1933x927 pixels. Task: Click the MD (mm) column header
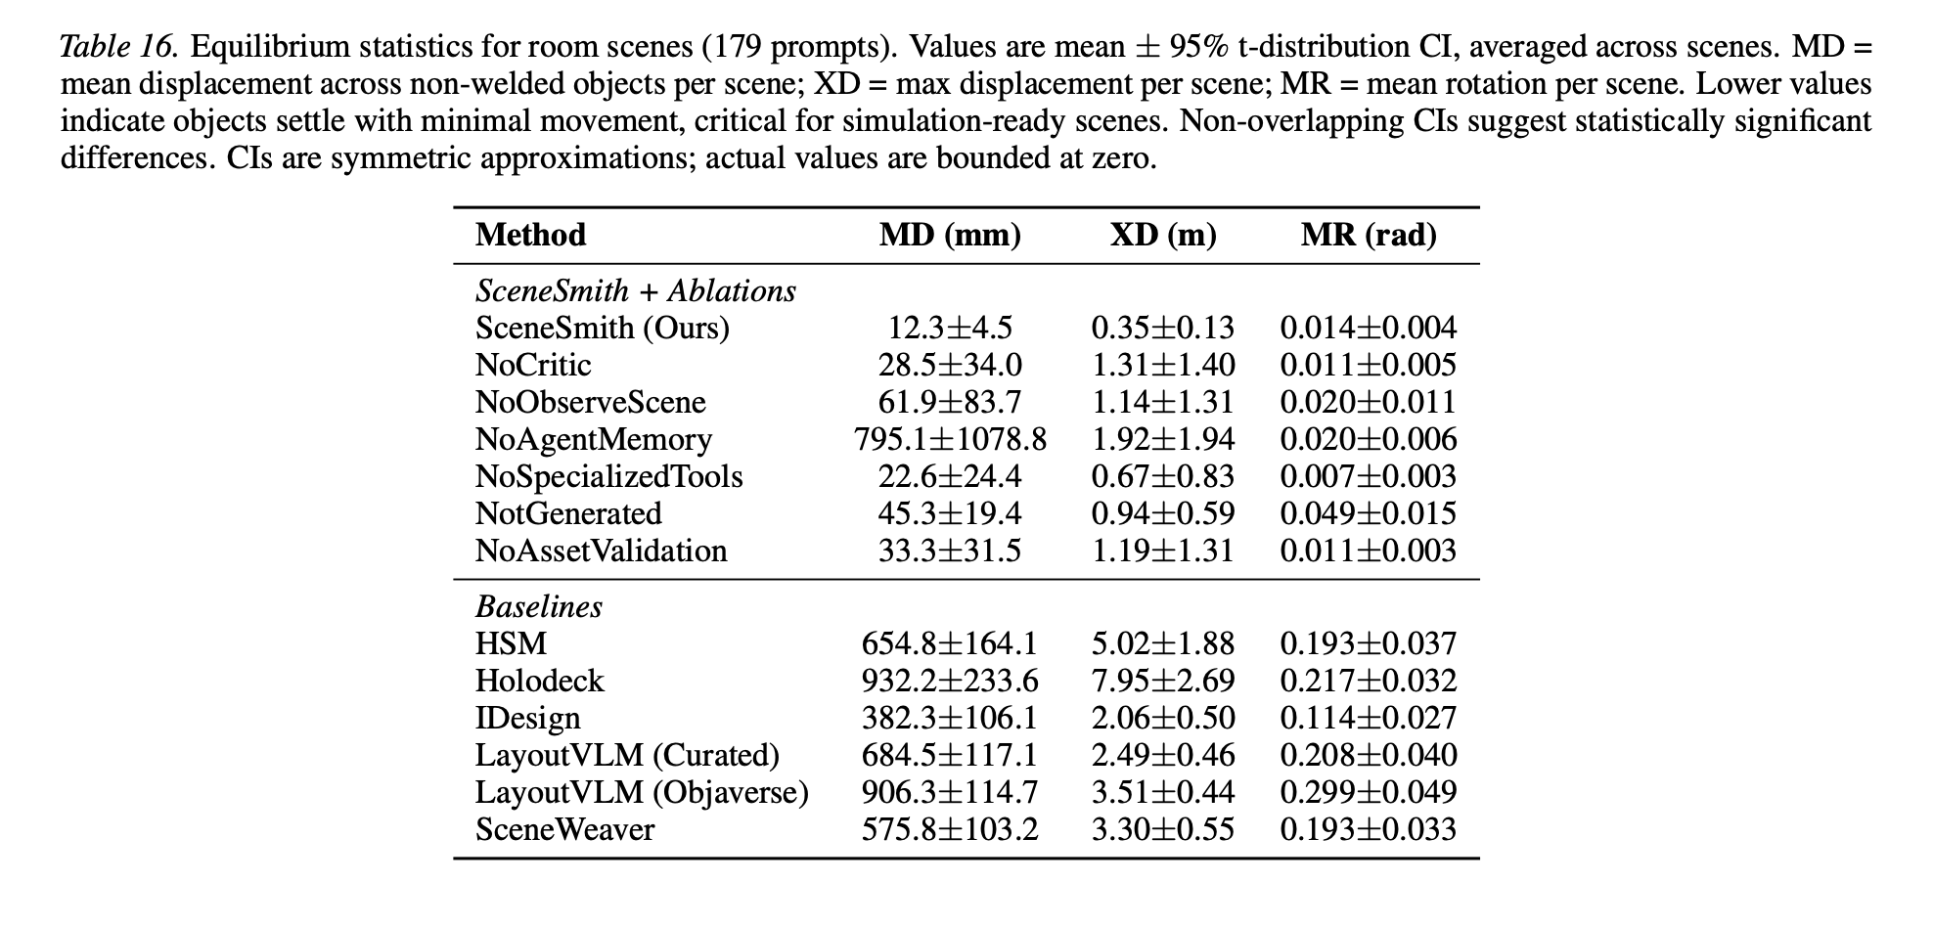tap(950, 236)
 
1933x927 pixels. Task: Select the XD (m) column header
tap(1163, 236)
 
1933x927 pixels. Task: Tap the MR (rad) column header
tap(1369, 236)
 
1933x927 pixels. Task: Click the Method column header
tap(530, 236)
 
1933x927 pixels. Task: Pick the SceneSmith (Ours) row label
tap(603, 328)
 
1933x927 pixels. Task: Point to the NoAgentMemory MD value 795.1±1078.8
tap(950, 439)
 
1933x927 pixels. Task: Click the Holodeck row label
tap(540, 681)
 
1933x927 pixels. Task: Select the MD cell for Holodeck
tap(950, 681)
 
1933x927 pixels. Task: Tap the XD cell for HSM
tap(1163, 643)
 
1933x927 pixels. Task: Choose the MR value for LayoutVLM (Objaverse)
tap(1369, 792)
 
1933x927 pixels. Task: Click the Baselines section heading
tap(539, 607)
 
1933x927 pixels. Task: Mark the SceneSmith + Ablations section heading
tap(636, 291)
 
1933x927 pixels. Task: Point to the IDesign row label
tap(528, 718)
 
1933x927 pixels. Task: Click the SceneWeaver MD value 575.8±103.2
tap(950, 829)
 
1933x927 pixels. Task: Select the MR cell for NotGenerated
tap(1369, 513)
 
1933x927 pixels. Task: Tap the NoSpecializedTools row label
tap(609, 476)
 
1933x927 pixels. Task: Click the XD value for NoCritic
tap(1163, 365)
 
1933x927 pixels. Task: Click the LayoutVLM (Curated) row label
tap(628, 755)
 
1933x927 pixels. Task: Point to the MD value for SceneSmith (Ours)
tap(950, 328)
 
